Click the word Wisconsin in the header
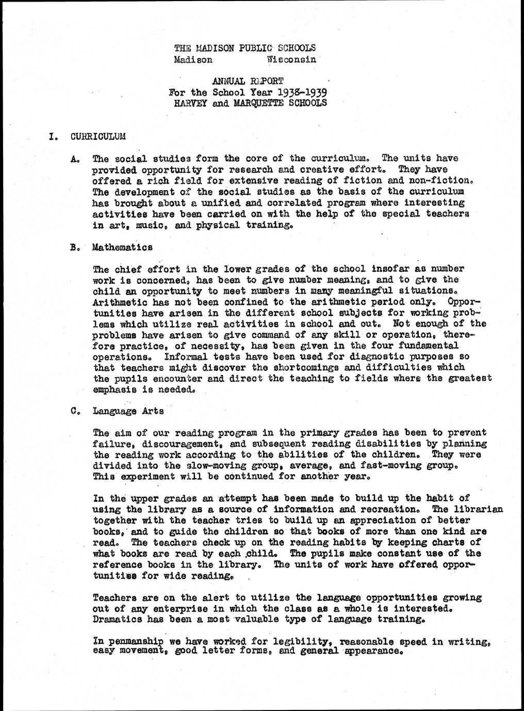pos(291,60)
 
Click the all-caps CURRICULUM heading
pos(98,137)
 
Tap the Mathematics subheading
pos(122,247)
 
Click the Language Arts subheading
pos(128,411)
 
